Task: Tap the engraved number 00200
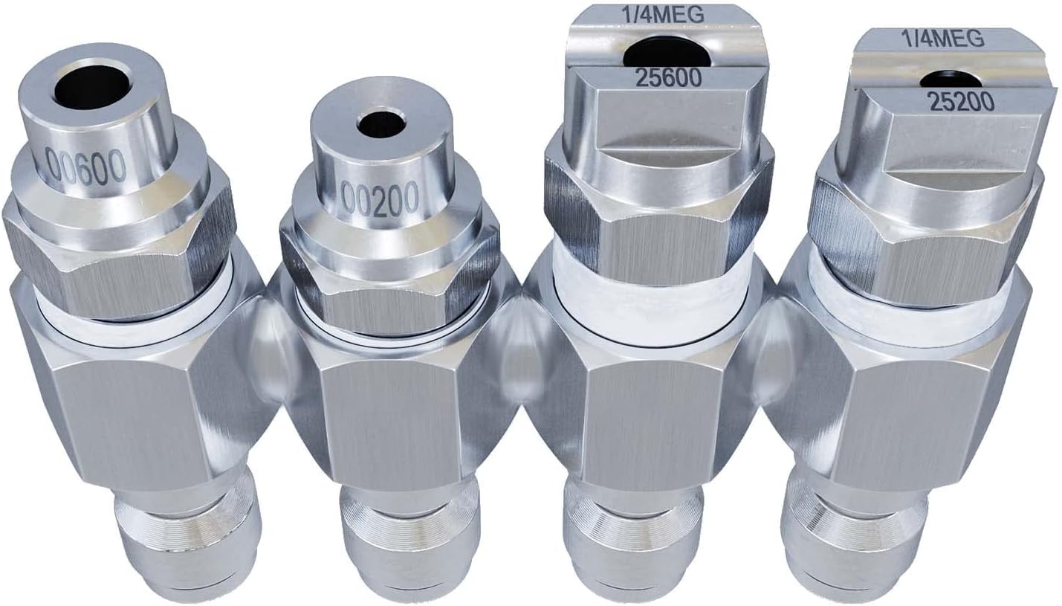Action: pos(381,199)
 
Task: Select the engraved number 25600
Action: pos(669,78)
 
